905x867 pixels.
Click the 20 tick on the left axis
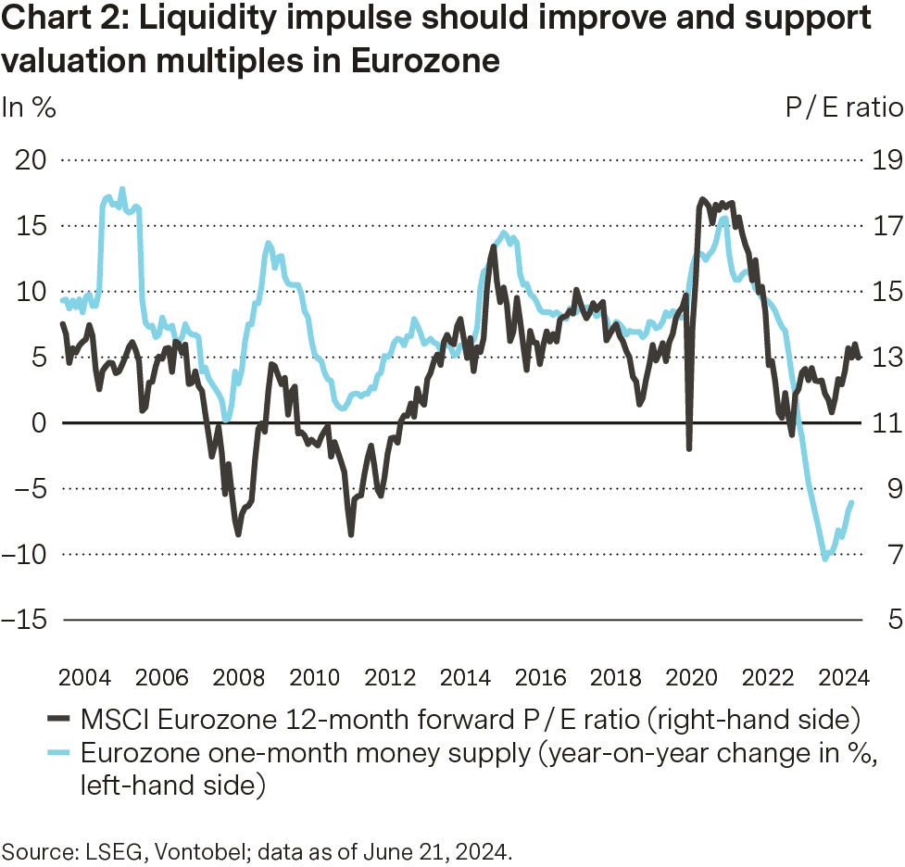tap(32, 160)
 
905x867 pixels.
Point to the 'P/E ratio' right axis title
tap(844, 107)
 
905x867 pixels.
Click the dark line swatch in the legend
tap(58, 719)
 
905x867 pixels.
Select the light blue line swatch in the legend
tap(58, 753)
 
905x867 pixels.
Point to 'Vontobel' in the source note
tap(163, 848)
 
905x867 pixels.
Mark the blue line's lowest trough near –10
tap(825, 559)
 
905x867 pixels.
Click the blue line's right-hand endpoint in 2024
tap(852, 502)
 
